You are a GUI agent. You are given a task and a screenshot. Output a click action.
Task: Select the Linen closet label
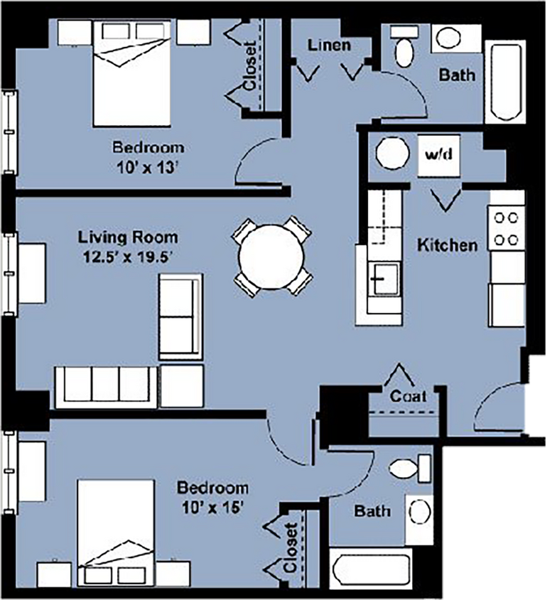329,45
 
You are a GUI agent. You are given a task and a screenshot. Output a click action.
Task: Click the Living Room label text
128,237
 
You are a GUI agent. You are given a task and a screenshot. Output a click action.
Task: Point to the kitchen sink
384,278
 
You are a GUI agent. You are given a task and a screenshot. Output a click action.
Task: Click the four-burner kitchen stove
506,228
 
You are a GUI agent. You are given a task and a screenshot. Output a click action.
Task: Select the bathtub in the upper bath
504,80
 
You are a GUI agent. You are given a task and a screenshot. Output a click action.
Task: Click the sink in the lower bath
419,512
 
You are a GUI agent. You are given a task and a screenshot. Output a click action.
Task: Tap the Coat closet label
408,396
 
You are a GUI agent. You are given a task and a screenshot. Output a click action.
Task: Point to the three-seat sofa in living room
106,386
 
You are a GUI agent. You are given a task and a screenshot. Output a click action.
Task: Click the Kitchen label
447,245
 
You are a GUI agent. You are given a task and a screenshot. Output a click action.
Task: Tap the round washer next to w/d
390,153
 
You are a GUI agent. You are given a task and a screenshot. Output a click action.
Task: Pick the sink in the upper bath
449,38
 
